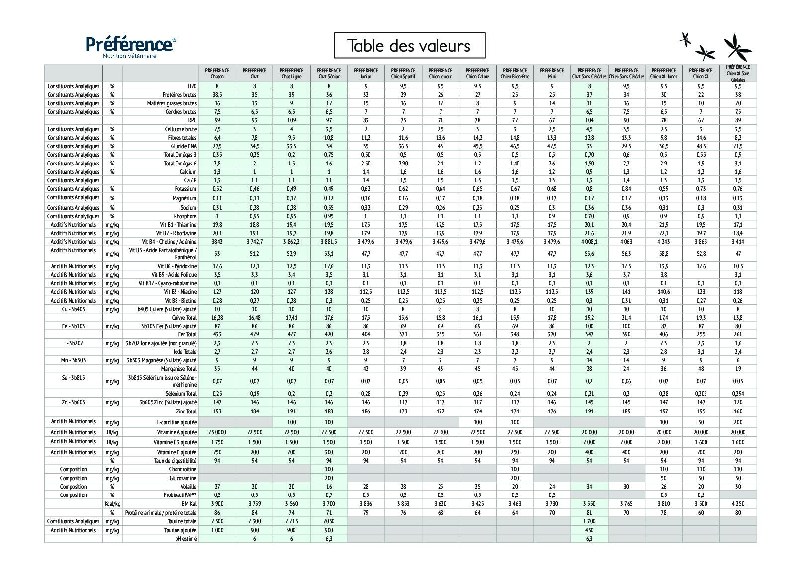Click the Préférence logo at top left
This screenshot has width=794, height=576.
[x=130, y=46]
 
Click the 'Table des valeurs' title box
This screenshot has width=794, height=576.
[x=409, y=46]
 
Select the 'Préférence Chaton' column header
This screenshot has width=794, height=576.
[x=217, y=73]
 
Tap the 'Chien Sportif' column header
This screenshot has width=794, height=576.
[x=403, y=73]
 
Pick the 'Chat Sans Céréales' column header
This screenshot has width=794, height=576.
[x=589, y=73]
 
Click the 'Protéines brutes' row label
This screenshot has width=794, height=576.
[x=179, y=95]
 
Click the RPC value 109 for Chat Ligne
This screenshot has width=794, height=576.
[x=291, y=120]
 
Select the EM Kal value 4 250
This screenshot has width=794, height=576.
[x=738, y=504]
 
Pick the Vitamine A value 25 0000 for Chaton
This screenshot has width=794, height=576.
[x=217, y=432]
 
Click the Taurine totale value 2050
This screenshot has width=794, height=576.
[x=329, y=521]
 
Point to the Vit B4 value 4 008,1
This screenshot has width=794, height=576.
[x=589, y=242]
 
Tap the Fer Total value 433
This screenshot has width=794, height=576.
[x=217, y=334]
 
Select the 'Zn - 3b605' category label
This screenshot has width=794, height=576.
[x=74, y=402]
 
